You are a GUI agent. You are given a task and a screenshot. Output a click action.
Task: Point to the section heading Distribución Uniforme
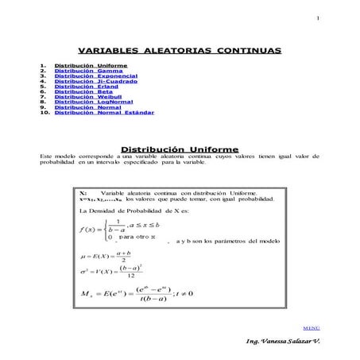[180, 149]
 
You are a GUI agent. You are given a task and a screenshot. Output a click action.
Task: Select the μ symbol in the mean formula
[84, 254]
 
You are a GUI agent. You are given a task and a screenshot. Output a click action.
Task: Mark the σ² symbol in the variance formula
[85, 271]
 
